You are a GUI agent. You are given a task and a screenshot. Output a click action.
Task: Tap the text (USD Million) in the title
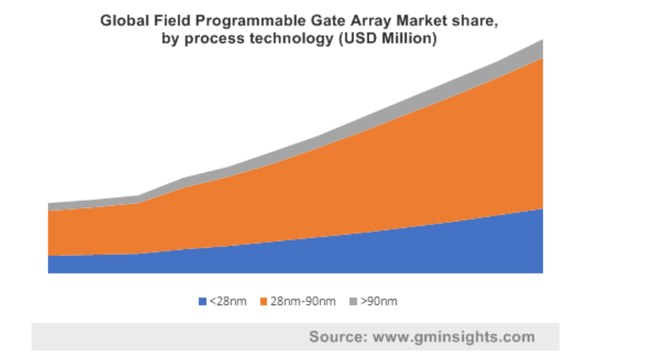click(388, 39)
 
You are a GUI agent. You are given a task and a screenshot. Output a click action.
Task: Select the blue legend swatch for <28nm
click(202, 301)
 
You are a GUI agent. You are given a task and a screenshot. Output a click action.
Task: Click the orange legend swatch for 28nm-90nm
click(264, 301)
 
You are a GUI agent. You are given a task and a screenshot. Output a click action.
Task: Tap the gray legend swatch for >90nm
click(353, 301)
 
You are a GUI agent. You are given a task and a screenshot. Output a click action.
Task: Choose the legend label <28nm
click(228, 301)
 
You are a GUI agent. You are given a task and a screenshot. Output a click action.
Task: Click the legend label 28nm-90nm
click(303, 301)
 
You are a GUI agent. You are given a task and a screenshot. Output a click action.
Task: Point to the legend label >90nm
click(378, 301)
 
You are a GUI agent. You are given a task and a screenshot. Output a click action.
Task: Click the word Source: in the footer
click(338, 337)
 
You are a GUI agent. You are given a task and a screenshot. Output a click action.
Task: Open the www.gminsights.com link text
click(454, 337)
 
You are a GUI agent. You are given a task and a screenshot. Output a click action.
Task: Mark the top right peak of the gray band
click(543, 40)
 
